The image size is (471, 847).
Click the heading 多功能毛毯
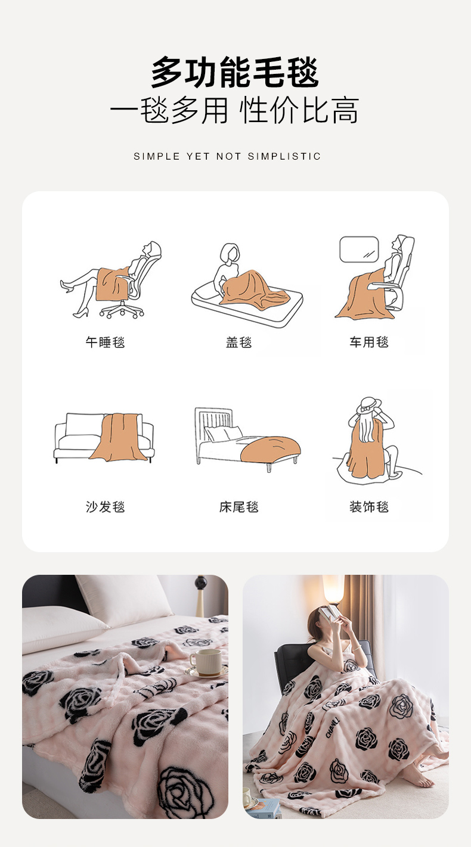pos(235,72)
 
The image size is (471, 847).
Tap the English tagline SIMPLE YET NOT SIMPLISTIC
pos(227,156)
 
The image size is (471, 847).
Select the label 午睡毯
pos(105,342)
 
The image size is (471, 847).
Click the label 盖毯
pos(239,342)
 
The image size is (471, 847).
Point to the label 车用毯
pos(369,342)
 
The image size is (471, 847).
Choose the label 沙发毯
pos(105,507)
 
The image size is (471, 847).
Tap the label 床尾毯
pos(239,507)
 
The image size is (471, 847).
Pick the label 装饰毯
pos(369,507)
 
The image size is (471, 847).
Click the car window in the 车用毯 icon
pos(359,249)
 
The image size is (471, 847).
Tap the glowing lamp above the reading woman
pos(333,588)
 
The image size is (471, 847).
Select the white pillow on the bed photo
pos(125,597)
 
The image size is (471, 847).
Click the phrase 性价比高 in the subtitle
pos(299,111)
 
